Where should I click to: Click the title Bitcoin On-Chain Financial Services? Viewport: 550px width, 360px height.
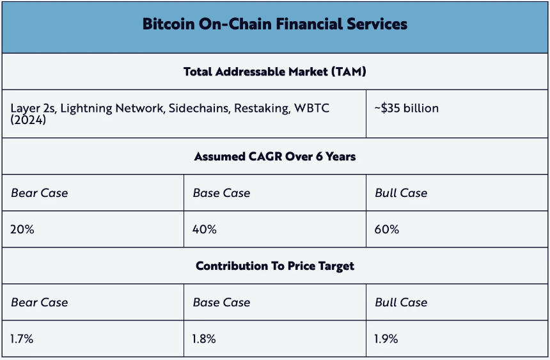(x=274, y=24)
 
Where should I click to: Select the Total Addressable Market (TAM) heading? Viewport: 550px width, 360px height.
(x=274, y=72)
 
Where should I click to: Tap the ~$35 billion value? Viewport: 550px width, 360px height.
(x=407, y=108)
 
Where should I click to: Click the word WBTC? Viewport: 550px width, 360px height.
(x=311, y=108)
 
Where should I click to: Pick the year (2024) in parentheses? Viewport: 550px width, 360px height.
(x=28, y=120)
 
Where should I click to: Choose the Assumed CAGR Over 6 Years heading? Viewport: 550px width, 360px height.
(x=274, y=157)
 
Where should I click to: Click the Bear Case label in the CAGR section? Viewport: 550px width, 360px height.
(x=40, y=192)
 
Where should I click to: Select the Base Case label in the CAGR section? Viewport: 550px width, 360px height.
(x=221, y=192)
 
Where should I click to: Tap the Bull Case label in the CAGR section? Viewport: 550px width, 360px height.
(x=401, y=192)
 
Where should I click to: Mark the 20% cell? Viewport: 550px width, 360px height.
(x=22, y=229)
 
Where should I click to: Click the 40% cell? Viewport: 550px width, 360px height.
(x=205, y=229)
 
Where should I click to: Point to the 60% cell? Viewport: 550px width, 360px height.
(x=387, y=229)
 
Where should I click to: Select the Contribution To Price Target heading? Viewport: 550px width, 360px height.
(x=274, y=266)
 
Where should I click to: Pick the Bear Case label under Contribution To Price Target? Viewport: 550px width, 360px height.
(x=40, y=302)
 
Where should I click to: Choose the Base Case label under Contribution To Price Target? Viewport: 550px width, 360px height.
(x=221, y=302)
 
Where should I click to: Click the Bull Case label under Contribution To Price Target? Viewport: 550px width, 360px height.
(x=401, y=302)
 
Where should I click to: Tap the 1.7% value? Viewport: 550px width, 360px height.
(x=22, y=339)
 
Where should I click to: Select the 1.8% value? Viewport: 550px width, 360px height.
(x=205, y=339)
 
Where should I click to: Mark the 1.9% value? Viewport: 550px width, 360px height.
(x=386, y=339)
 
